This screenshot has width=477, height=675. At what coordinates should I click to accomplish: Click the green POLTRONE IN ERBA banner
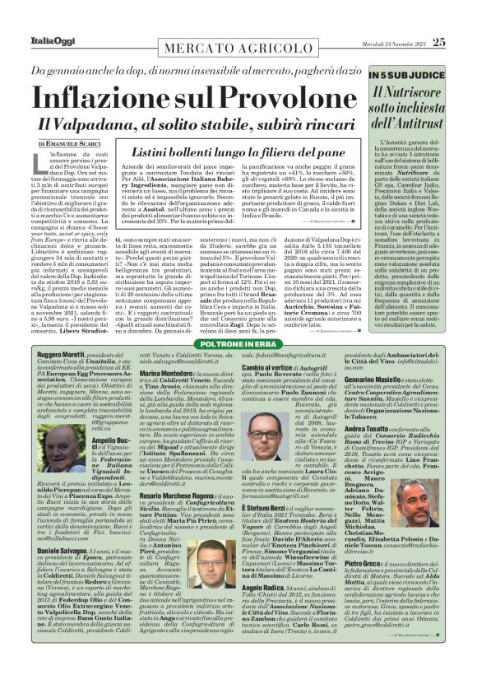[x=239, y=341]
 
